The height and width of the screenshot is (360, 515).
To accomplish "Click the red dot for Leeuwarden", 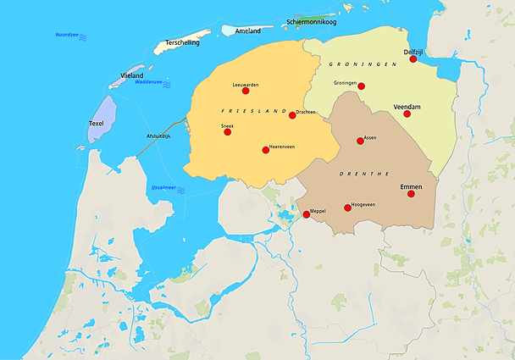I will [x=246, y=91].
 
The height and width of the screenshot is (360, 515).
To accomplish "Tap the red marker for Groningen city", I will [x=362, y=86].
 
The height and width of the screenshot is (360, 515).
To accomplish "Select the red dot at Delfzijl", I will [x=413, y=59].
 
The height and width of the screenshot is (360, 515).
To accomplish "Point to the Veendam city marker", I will [x=407, y=114].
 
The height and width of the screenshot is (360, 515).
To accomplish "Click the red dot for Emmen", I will [x=411, y=194].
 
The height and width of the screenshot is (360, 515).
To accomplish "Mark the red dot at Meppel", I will [x=307, y=215].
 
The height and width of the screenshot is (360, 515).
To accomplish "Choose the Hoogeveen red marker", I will [x=347, y=208].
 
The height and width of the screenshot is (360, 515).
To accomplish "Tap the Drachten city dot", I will [x=292, y=115].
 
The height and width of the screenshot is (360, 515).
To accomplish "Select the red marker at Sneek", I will [x=227, y=132].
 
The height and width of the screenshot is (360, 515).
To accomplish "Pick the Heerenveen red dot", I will [x=266, y=150].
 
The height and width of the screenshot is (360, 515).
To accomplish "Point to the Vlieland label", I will [x=132, y=75].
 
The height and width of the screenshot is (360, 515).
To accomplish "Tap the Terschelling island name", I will [x=183, y=42].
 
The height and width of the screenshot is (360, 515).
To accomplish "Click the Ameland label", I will [x=248, y=31].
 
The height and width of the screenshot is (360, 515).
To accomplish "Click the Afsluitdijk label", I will [x=158, y=136].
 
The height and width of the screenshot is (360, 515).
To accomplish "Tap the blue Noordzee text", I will [x=67, y=35].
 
